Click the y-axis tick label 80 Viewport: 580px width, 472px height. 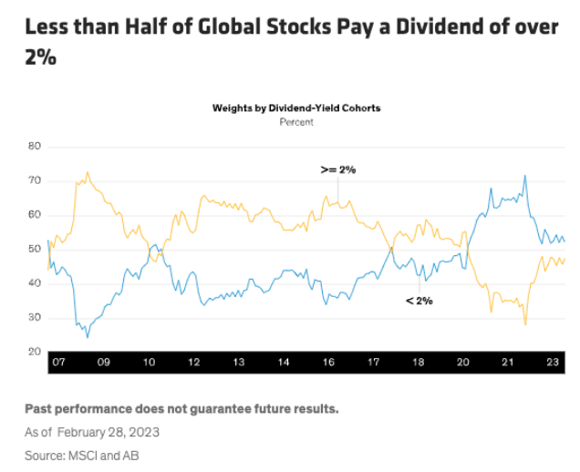(36, 146)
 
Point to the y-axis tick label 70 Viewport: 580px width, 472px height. (36, 180)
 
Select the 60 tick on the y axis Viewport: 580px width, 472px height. (36, 215)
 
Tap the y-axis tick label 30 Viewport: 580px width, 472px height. (36, 317)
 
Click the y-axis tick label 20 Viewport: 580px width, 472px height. (36, 352)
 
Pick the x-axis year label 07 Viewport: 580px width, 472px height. (58, 363)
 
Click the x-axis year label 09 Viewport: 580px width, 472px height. (103, 363)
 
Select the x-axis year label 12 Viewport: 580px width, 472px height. (193, 363)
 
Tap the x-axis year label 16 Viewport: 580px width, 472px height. (328, 363)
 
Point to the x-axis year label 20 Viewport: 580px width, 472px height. (463, 363)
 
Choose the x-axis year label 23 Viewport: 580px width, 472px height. (553, 363)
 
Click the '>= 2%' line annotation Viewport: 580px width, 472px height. (337, 169)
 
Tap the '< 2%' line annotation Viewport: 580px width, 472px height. (419, 300)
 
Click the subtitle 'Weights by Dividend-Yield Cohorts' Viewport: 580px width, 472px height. (296, 108)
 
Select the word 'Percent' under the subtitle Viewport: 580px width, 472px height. (296, 121)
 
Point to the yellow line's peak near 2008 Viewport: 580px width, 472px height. (88, 171)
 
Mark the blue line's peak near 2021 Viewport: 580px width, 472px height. (524, 176)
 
